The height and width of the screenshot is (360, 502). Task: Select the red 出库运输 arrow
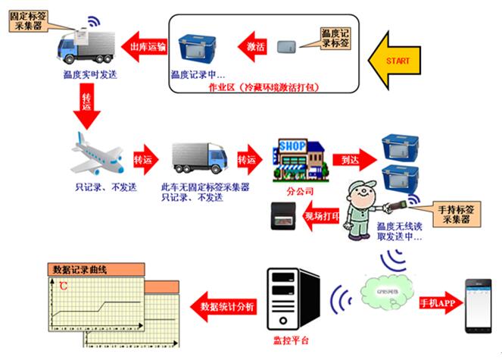click(x=144, y=47)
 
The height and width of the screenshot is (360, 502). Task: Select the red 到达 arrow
click(x=354, y=160)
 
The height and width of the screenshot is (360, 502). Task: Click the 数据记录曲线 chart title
click(x=79, y=269)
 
